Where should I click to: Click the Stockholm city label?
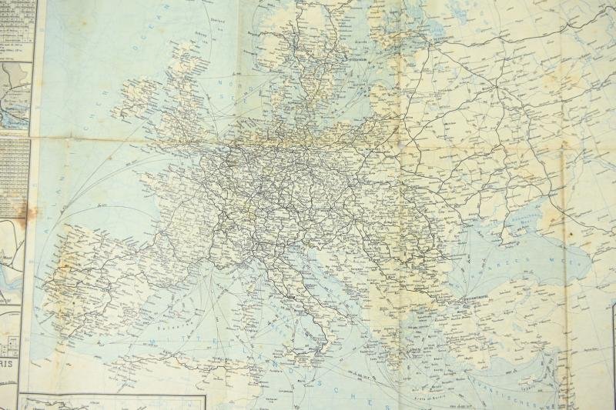pyautogui.click(x=357, y=58)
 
